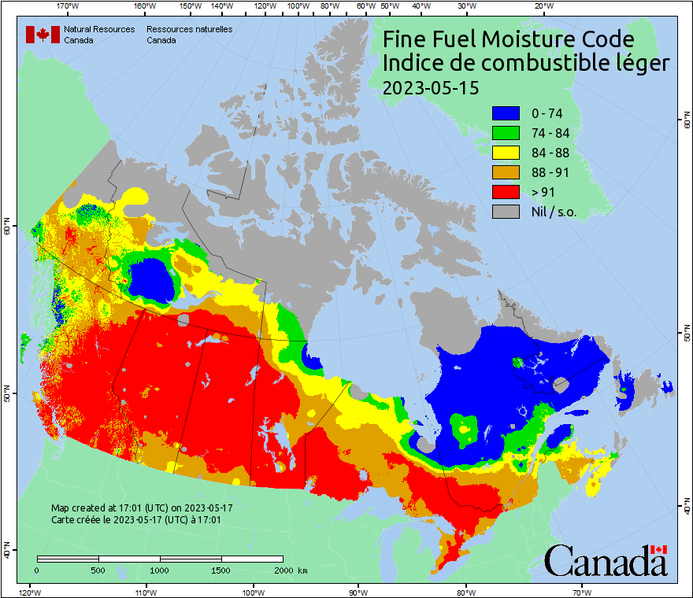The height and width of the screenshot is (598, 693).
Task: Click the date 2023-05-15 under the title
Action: (x=430, y=87)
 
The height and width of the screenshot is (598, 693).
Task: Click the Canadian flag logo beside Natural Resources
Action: (x=43, y=35)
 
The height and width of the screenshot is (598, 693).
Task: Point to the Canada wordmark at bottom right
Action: (x=606, y=560)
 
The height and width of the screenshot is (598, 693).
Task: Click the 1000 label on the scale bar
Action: (x=160, y=570)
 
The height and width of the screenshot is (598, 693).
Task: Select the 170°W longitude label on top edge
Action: (x=69, y=6)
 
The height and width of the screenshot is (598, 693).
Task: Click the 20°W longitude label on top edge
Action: (x=543, y=6)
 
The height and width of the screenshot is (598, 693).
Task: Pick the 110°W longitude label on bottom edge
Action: (x=145, y=592)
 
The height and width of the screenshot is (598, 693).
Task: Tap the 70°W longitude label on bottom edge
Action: (x=581, y=592)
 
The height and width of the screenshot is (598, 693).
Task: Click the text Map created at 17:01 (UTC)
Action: (x=142, y=508)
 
